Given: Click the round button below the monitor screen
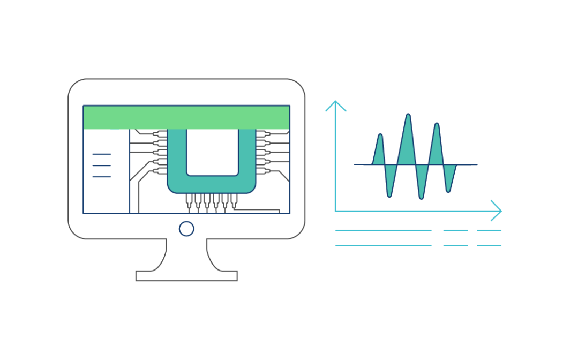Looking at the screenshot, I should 186,229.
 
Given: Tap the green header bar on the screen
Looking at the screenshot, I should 186,117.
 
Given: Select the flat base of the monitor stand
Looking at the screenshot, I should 186,275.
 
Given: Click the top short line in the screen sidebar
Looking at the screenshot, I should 101,154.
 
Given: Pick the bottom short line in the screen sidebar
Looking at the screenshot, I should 101,177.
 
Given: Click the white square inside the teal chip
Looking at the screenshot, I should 212,152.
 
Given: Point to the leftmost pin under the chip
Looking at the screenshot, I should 189,201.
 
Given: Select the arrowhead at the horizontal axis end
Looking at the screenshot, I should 497,211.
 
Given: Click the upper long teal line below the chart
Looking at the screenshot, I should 383,230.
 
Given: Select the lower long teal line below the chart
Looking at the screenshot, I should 383,246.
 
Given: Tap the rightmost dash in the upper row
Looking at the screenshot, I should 489,230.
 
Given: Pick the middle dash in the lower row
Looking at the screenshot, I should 455,246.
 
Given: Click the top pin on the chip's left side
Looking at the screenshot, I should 160,134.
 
